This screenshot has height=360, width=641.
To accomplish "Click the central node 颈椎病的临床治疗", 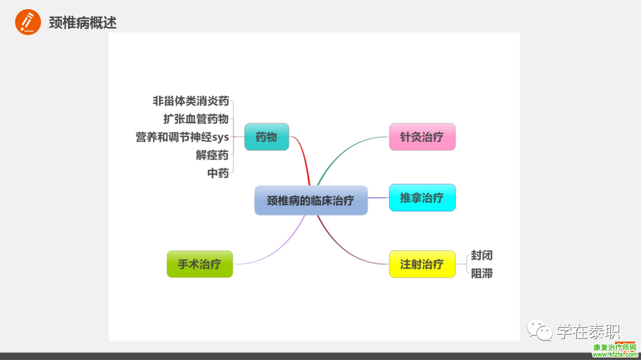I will point(311,200).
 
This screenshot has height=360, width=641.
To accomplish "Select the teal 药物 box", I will point(266,137).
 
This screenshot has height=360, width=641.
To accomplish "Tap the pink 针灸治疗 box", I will point(422,137).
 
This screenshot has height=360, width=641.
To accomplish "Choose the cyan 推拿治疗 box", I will point(422,198).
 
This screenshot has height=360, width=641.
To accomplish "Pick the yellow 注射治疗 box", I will point(422,264).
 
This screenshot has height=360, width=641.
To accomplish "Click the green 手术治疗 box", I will point(199,264).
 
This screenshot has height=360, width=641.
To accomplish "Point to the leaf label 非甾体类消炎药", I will point(191,101).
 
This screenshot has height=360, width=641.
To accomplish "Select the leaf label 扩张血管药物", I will point(196,119).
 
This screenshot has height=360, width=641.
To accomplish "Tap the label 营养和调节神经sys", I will point(182,137).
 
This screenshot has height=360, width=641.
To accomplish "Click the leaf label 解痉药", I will point(212,155).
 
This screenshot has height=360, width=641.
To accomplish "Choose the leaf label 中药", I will point(218,173).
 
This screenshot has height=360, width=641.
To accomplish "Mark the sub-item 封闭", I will point(482,255).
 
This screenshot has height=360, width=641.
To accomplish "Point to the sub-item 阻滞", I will point(482,273).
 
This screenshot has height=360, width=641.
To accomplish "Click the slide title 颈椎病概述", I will point(83,23).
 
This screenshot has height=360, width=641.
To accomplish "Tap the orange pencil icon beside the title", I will point(28,22).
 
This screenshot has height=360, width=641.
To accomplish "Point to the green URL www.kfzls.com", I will point(614,354).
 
